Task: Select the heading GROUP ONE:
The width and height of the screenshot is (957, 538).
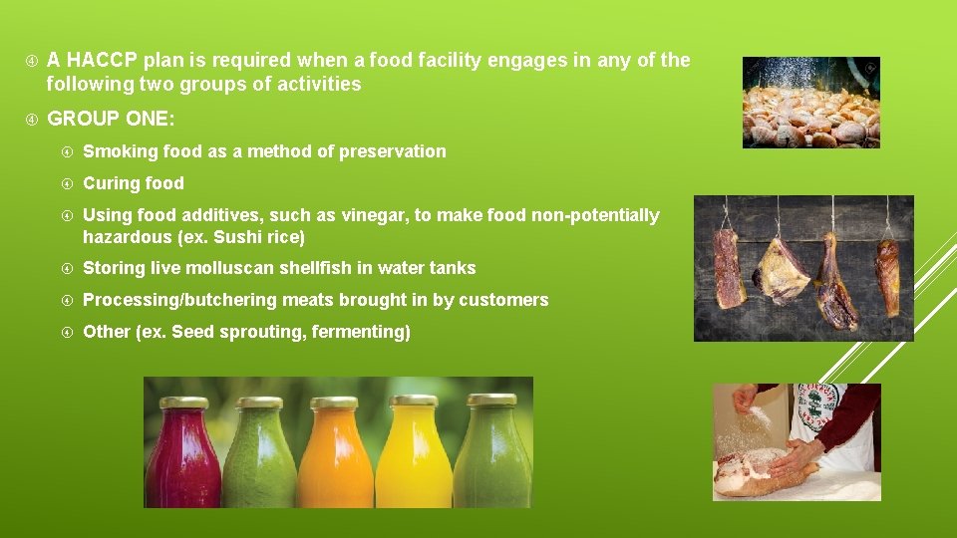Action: tap(111, 119)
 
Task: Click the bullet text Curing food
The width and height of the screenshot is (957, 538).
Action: tap(134, 183)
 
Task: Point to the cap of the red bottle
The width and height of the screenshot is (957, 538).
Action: tap(184, 403)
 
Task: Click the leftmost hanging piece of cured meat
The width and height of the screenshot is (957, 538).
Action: tap(730, 269)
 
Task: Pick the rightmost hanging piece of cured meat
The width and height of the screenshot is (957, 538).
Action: tap(887, 277)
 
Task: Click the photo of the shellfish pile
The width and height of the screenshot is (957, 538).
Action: tap(810, 103)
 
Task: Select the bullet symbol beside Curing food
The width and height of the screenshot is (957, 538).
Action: tap(66, 184)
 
